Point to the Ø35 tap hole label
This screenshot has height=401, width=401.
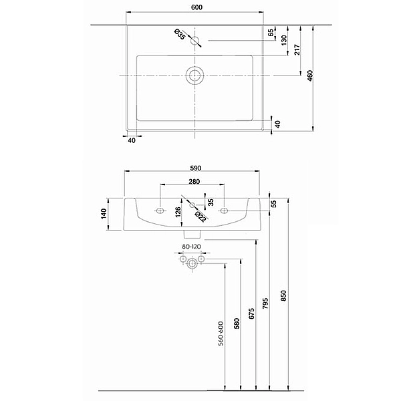(x=180, y=34)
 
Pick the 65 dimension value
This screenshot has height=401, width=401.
(x=271, y=33)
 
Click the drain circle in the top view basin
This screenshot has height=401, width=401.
(x=194, y=75)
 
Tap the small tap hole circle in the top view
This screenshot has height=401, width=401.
(x=195, y=40)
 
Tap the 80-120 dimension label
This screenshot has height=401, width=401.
(x=191, y=247)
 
